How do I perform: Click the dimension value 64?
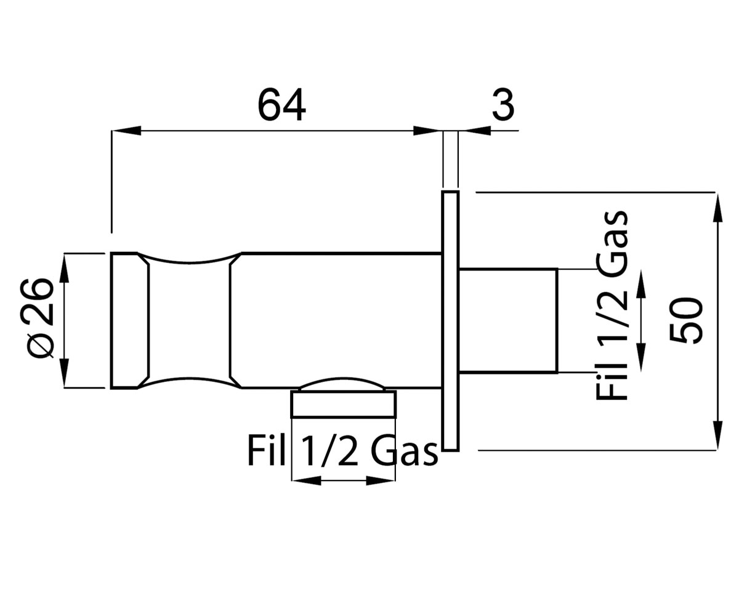(x=281, y=104)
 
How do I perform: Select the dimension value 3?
(x=503, y=104)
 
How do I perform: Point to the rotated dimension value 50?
(x=686, y=321)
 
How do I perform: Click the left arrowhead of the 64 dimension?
(x=126, y=131)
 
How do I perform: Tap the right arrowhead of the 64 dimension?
(x=428, y=131)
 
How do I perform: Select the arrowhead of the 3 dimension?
(x=477, y=131)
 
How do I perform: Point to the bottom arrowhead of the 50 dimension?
(x=717, y=436)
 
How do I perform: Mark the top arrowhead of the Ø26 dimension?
(x=65, y=267)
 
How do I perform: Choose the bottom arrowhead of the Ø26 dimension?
(x=65, y=373)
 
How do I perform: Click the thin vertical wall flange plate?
(x=451, y=321)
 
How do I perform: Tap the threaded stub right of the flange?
(x=508, y=321)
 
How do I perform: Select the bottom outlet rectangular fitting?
(x=342, y=403)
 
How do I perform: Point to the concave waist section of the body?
(x=189, y=320)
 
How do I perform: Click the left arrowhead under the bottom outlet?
(x=306, y=480)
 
